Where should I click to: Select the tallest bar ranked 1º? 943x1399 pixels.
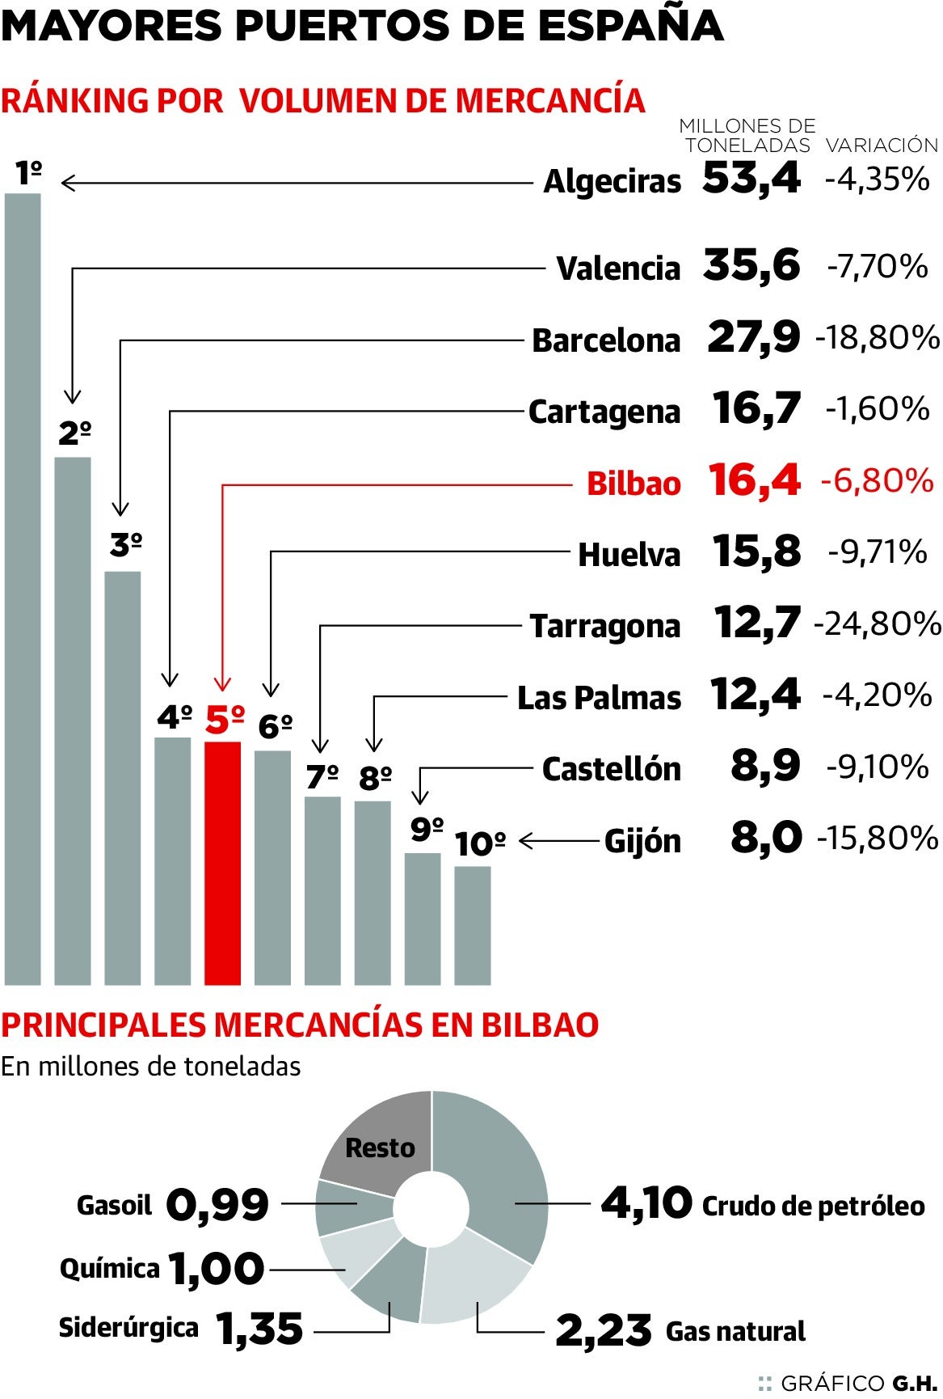(x=23, y=589)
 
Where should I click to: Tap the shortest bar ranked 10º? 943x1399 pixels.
(x=472, y=925)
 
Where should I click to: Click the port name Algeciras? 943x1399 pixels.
(x=612, y=181)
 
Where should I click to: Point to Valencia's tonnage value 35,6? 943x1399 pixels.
(x=751, y=265)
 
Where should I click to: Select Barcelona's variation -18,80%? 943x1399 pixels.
(x=878, y=337)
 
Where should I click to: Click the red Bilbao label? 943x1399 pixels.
(x=634, y=483)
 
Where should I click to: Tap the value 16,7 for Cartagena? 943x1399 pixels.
(x=756, y=409)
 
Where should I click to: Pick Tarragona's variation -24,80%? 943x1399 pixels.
(x=878, y=623)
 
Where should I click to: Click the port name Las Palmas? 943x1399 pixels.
(x=599, y=697)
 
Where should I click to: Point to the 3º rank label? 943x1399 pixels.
(x=126, y=546)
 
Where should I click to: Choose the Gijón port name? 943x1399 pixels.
(x=642, y=841)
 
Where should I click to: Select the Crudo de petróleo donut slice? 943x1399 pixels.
(x=501, y=1173)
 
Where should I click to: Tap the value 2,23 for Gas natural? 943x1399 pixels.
(x=603, y=1331)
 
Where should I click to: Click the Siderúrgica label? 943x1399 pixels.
(x=128, y=1328)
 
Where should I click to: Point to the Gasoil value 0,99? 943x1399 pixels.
(x=217, y=1205)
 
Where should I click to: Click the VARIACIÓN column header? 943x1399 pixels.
(x=882, y=146)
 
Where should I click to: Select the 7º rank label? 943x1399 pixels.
(x=322, y=776)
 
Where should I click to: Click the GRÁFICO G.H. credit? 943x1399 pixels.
(x=848, y=1383)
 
